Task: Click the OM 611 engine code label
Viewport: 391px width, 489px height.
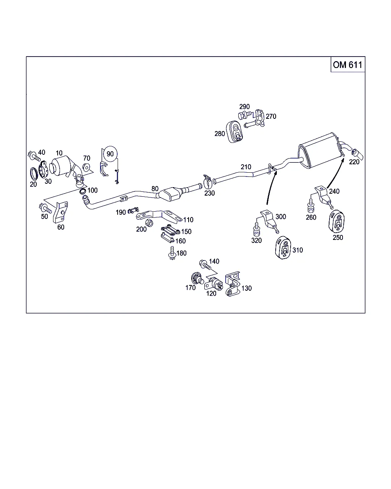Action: click(x=347, y=65)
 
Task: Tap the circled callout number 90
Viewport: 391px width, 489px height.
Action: click(x=110, y=154)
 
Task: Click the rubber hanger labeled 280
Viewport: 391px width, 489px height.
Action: click(x=234, y=132)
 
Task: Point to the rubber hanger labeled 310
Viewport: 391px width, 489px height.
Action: click(x=283, y=248)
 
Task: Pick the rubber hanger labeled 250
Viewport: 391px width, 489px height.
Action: click(x=337, y=221)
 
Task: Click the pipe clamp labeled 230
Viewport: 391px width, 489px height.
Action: click(x=207, y=182)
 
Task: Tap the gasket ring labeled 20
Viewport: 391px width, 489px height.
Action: click(x=34, y=174)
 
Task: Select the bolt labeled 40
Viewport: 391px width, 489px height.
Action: click(x=34, y=156)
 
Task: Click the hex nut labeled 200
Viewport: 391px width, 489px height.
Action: click(x=149, y=223)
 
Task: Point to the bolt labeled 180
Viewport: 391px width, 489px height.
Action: click(x=173, y=253)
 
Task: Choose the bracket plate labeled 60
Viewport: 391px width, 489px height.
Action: click(x=60, y=212)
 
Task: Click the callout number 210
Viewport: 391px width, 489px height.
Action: click(x=246, y=167)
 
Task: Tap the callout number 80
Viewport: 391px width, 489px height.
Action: click(x=155, y=189)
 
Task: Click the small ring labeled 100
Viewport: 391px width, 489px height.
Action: click(x=83, y=191)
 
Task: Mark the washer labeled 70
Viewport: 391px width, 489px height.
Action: click(x=86, y=167)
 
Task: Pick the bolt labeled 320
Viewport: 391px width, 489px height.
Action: click(x=257, y=230)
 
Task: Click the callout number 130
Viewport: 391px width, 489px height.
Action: click(x=247, y=288)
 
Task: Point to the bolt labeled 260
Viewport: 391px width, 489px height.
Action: click(x=311, y=206)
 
